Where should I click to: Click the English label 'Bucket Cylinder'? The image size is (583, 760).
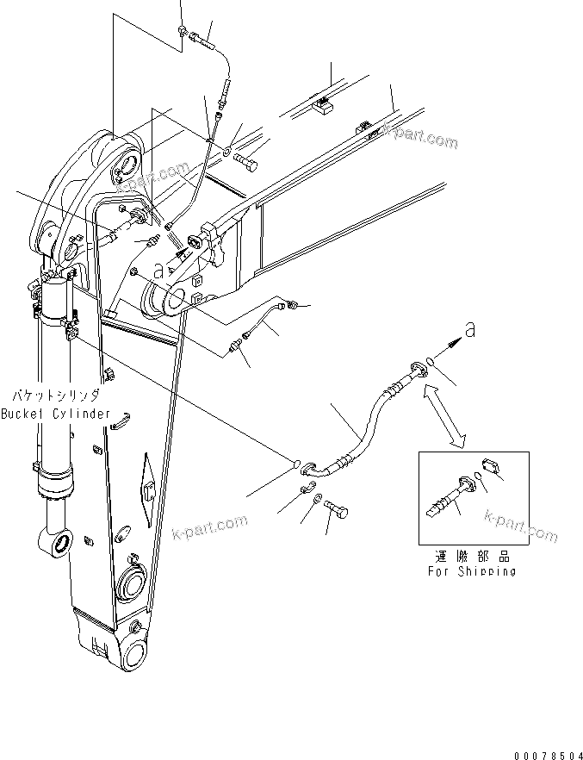[x=56, y=414]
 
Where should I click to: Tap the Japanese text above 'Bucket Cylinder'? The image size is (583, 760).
[x=56, y=397]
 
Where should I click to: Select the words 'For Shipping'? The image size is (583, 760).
[x=472, y=571]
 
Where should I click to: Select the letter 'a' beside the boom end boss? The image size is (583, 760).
[x=158, y=270]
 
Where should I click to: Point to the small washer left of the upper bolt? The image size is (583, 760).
[x=225, y=153]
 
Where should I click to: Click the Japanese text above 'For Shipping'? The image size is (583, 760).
[x=472, y=557]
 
